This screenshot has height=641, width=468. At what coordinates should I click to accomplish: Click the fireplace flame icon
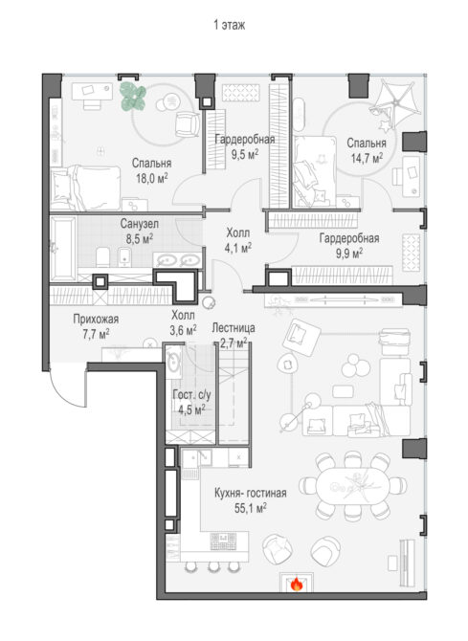point(297,585)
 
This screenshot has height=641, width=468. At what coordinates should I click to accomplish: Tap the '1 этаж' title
point(230,25)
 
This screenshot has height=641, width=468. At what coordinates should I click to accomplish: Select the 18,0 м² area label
point(152,178)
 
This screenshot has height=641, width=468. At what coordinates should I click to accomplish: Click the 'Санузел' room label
point(139,224)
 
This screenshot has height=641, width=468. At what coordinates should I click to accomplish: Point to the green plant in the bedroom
point(134,97)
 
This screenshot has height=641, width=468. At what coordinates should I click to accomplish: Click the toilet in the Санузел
point(102,257)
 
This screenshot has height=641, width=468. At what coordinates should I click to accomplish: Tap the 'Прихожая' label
point(96,319)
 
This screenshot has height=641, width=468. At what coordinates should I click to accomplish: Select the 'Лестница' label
point(234,327)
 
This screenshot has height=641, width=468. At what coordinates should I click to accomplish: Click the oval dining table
point(352,486)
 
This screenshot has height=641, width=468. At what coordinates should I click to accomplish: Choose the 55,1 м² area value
point(251,508)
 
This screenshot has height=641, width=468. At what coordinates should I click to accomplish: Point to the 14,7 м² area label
point(367,158)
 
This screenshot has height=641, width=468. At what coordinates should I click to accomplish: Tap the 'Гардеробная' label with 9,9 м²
point(349,238)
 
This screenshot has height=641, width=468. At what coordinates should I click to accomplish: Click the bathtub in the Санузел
point(62,248)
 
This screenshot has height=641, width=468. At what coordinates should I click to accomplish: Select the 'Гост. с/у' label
point(191,395)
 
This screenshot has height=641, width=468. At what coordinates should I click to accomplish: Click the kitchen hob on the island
point(223,542)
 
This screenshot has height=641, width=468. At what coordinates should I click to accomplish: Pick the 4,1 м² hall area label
point(238,248)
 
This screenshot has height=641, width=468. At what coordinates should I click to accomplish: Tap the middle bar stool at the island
point(213,566)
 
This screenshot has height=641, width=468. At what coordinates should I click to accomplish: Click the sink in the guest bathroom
point(173,359)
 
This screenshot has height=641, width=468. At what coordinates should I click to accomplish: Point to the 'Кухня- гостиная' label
point(251,493)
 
